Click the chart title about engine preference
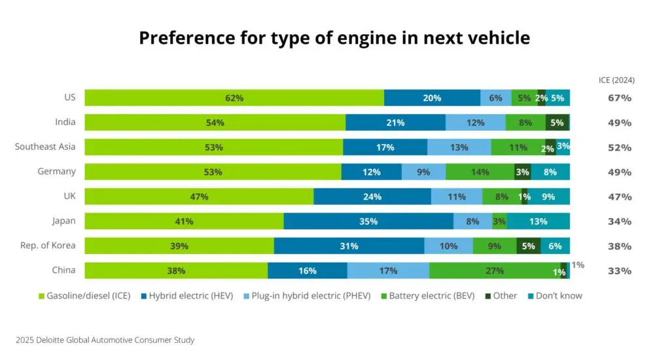pyautogui.click(x=334, y=38)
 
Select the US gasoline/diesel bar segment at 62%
pyautogui.click(x=234, y=98)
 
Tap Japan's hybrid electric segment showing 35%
pyautogui.click(x=368, y=221)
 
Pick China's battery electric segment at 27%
pyautogui.click(x=495, y=271)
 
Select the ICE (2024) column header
pyautogui.click(x=616, y=81)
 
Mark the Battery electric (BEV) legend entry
pyautogui.click(x=427, y=296)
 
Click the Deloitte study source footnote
pyautogui.click(x=105, y=340)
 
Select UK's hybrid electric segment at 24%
pyautogui.click(x=372, y=196)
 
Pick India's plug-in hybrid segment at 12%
pyautogui.click(x=476, y=122)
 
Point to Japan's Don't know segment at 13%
pyautogui.click(x=538, y=221)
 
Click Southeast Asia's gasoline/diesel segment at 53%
pyautogui.click(x=214, y=147)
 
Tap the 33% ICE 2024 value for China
pyautogui.click(x=619, y=271)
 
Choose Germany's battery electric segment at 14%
pyautogui.click(x=480, y=172)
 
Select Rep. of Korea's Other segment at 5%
pyautogui.click(x=529, y=246)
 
